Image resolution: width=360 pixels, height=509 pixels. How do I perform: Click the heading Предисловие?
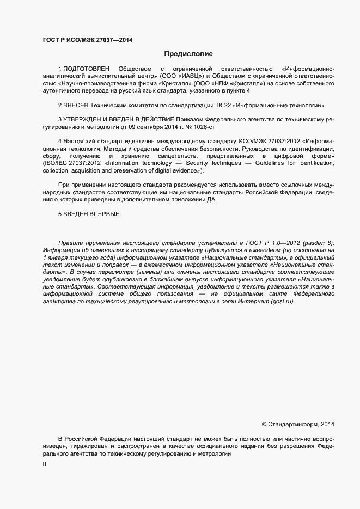pyautogui.click(x=188, y=54)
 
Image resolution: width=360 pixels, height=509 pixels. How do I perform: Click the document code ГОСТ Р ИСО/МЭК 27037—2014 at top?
pyautogui.click(x=87, y=40)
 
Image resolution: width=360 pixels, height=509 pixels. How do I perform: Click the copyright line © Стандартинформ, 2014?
pyautogui.click(x=298, y=424)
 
